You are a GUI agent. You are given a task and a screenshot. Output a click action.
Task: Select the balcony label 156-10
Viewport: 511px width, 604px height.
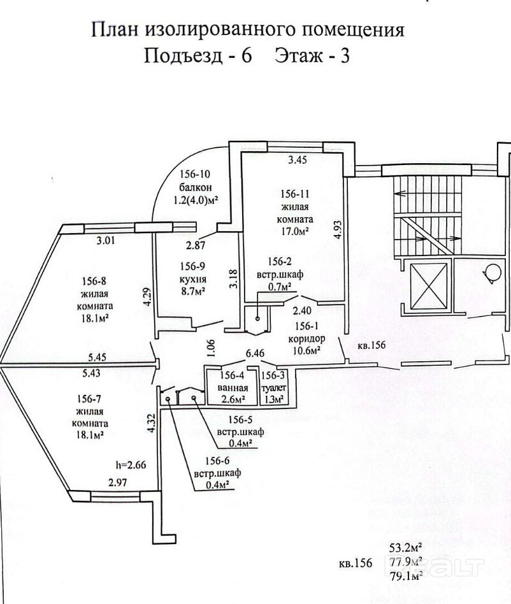point(194,174)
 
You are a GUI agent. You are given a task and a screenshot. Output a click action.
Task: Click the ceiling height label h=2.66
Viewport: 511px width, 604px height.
point(131,464)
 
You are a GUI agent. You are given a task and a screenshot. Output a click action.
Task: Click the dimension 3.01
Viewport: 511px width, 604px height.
point(107,241)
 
